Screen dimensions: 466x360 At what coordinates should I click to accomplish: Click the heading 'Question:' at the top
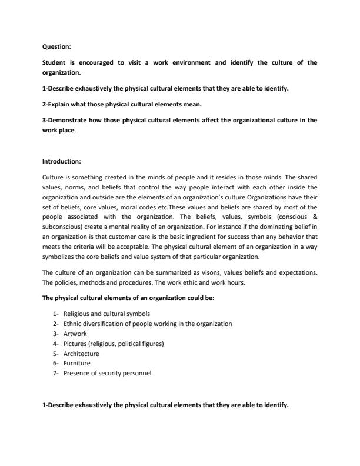57,47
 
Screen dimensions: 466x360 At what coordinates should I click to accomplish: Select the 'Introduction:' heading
62,161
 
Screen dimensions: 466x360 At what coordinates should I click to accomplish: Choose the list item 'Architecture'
81,354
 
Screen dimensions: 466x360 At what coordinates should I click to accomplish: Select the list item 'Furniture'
76,364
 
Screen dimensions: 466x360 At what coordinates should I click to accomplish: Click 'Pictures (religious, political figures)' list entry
114,344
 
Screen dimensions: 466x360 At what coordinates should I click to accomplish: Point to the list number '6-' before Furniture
55,364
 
